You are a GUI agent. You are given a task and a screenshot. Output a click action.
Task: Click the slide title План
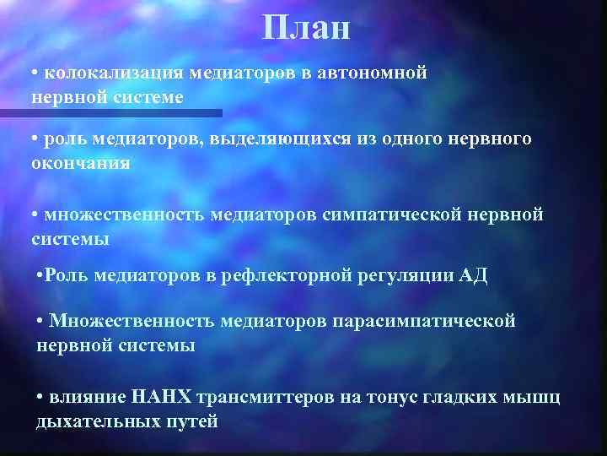(305, 29)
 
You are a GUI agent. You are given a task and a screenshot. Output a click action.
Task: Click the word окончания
(81, 163)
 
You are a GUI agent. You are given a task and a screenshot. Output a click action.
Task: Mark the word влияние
(87, 398)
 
